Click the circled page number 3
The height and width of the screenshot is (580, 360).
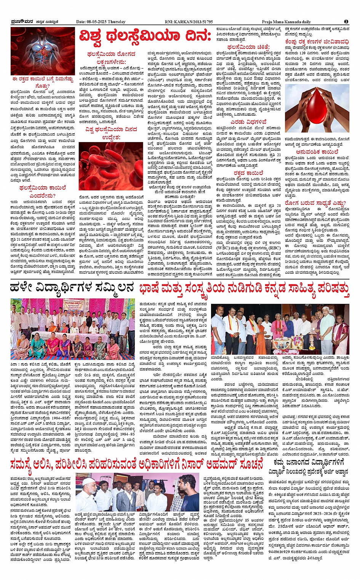click(346, 22)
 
